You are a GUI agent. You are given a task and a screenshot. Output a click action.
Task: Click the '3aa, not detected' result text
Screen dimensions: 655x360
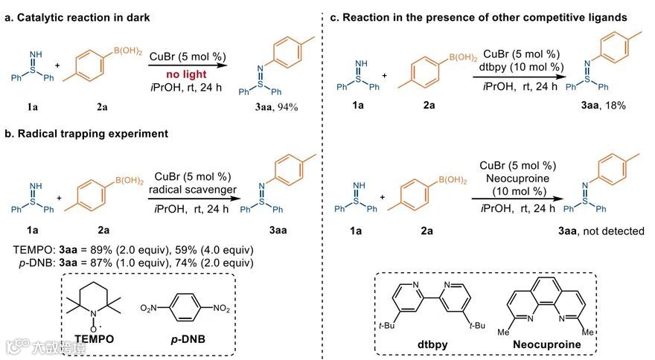click(x=601, y=231)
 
